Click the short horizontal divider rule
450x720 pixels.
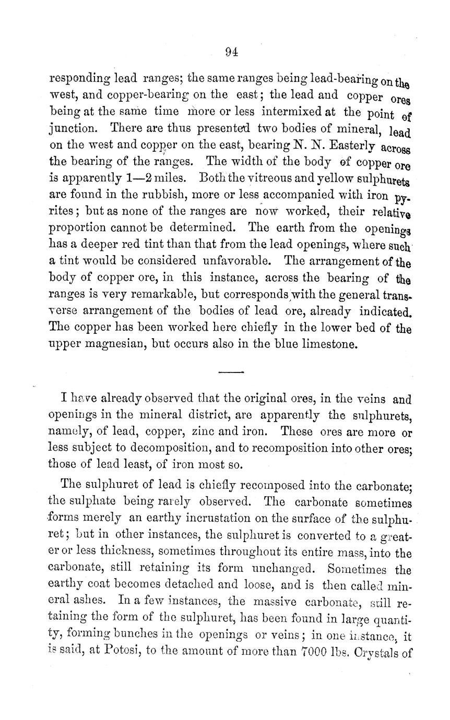(x=231, y=372)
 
